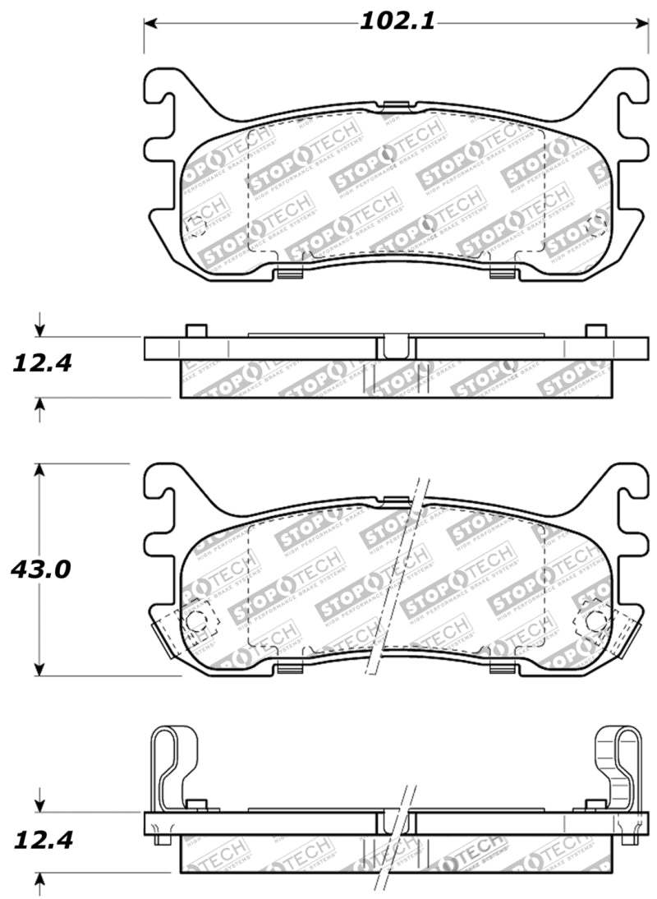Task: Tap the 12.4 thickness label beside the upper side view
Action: [39, 362]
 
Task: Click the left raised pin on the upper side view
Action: [195, 330]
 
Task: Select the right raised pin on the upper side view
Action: [595, 330]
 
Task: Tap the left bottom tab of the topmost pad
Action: [287, 273]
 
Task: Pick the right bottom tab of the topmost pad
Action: [500, 273]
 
